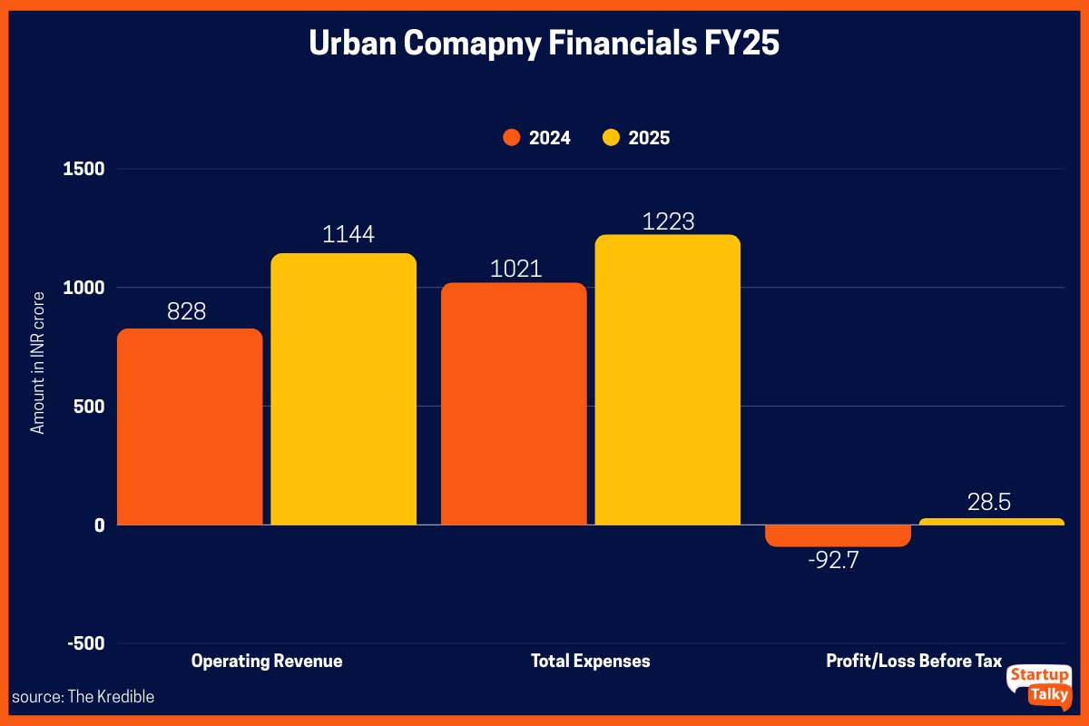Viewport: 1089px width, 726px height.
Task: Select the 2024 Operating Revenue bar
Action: (x=190, y=427)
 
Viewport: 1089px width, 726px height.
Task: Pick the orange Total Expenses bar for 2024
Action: (x=514, y=404)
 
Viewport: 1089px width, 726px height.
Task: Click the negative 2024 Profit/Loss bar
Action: (x=838, y=535)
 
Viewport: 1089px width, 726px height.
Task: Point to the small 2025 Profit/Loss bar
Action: (x=991, y=522)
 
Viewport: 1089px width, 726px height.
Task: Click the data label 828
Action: (x=187, y=311)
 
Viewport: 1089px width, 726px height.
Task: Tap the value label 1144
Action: (x=348, y=235)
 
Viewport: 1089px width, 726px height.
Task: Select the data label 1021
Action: (x=515, y=269)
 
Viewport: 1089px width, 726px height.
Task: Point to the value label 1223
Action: (x=668, y=221)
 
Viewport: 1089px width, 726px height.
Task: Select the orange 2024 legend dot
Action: (x=511, y=138)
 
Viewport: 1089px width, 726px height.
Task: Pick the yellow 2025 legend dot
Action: (x=611, y=138)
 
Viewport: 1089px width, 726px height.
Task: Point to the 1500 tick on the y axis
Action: (x=83, y=169)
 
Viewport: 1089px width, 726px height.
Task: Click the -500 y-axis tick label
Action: (x=86, y=643)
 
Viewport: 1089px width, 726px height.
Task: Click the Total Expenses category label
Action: (x=590, y=661)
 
